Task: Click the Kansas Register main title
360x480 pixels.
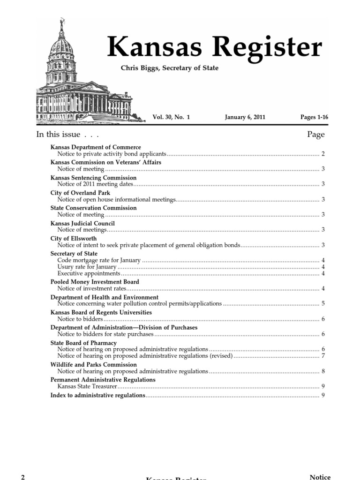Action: click(215, 47)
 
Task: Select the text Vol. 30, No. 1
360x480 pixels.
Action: click(171, 117)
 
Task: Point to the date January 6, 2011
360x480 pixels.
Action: click(245, 117)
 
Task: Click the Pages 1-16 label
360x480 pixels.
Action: click(314, 117)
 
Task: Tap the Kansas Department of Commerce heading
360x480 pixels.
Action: click(96, 147)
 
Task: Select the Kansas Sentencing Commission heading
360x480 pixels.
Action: click(93, 178)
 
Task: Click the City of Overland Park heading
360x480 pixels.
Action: click(80, 193)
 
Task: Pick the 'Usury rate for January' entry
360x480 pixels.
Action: click(87, 267)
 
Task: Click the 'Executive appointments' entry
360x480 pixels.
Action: click(89, 273)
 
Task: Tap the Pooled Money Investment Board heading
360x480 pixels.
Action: click(95, 282)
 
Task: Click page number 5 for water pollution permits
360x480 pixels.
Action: click(323, 304)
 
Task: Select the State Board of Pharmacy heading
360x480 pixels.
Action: click(83, 343)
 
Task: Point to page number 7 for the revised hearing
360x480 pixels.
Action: click(323, 356)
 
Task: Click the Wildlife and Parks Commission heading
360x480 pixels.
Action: click(94, 365)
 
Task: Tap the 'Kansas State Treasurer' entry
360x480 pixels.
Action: click(87, 386)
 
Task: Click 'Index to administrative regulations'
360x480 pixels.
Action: click(98, 396)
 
